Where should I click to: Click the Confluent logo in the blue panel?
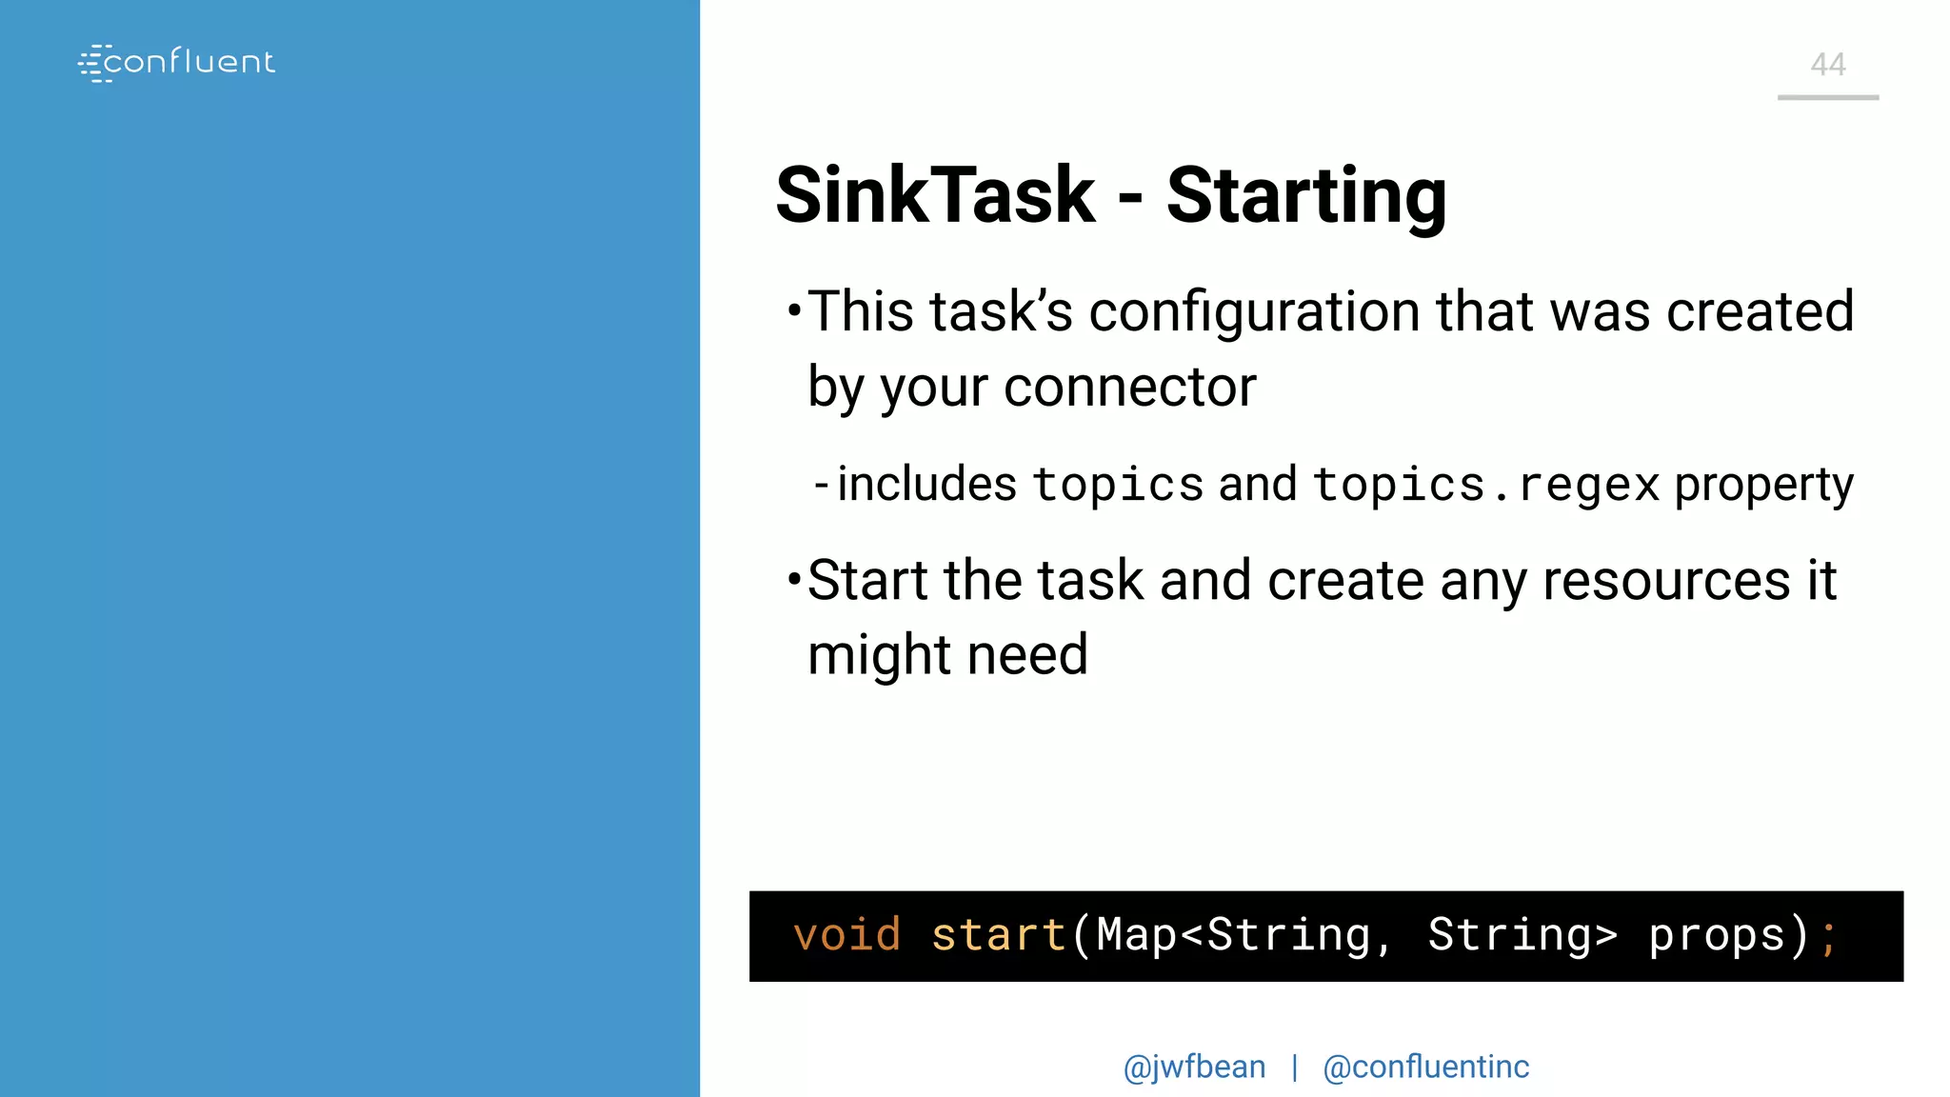(176, 63)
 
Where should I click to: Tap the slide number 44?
(1827, 65)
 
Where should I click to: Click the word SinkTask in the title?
(935, 195)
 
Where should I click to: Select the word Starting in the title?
(1306, 197)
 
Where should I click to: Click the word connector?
(1129, 388)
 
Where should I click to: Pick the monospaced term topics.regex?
(1486, 485)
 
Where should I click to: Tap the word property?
(1763, 485)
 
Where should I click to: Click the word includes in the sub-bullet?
(926, 484)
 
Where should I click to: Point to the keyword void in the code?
(846, 935)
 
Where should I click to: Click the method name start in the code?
(998, 935)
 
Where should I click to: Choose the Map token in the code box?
(1137, 935)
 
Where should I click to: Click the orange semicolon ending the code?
(1828, 937)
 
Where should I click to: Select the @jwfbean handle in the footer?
(1194, 1067)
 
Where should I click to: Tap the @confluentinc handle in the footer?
(1425, 1067)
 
